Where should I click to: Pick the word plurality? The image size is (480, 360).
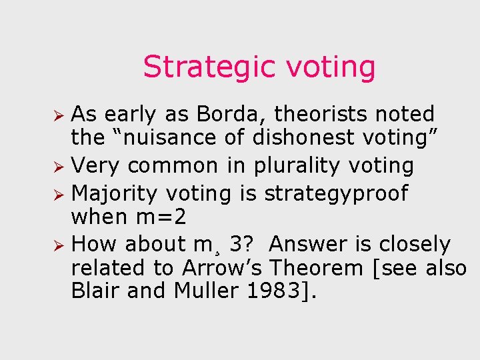pos(319,165)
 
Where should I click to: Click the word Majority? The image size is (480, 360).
pos(114,193)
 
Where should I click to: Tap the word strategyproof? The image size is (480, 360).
pos(336,193)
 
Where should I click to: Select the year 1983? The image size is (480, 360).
pos(273,291)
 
